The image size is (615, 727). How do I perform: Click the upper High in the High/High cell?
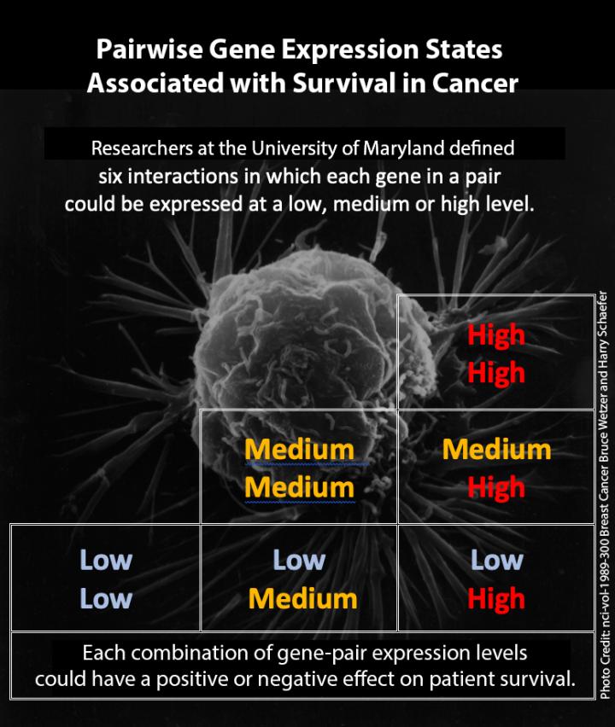click(x=496, y=335)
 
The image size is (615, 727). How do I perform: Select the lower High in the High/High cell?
click(x=496, y=373)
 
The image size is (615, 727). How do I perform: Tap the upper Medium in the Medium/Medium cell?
click(x=299, y=449)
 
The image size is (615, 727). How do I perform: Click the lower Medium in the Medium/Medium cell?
click(x=299, y=487)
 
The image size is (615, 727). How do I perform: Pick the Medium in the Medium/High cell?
click(x=496, y=449)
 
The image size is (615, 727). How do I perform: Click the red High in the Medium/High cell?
click(x=496, y=487)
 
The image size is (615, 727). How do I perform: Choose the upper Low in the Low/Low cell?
click(x=106, y=560)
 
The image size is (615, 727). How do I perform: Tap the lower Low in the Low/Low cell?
click(x=106, y=598)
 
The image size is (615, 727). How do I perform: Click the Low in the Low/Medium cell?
click(x=299, y=560)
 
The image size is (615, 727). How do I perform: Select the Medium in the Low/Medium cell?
click(x=302, y=598)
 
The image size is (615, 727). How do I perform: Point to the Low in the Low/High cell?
click(x=496, y=560)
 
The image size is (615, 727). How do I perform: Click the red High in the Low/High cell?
click(x=496, y=598)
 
